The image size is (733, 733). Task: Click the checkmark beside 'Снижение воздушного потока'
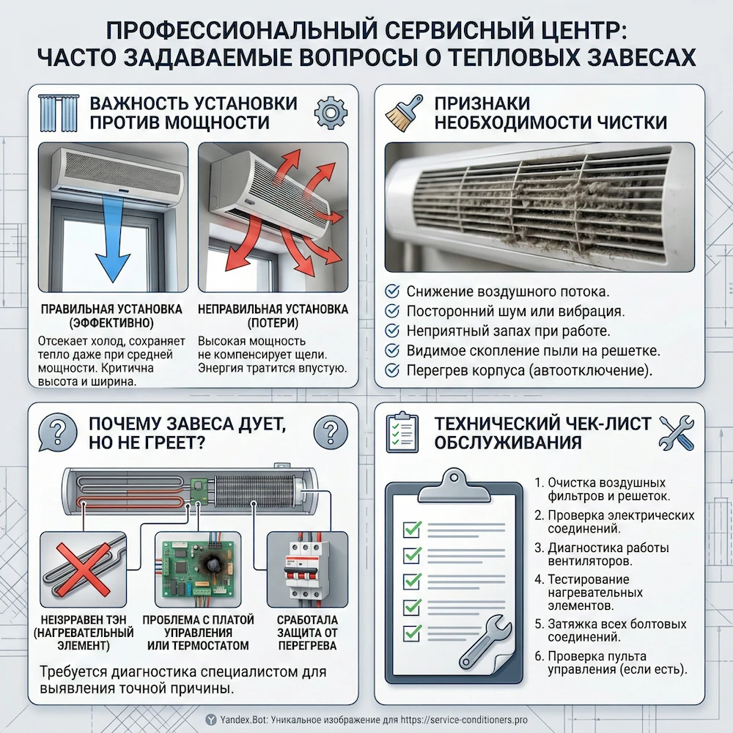click(x=392, y=290)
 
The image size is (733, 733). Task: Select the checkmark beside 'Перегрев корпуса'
click(x=392, y=369)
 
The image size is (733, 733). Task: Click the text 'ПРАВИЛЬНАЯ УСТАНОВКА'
click(x=111, y=310)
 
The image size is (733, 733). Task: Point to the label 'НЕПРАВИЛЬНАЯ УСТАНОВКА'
click(x=273, y=310)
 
